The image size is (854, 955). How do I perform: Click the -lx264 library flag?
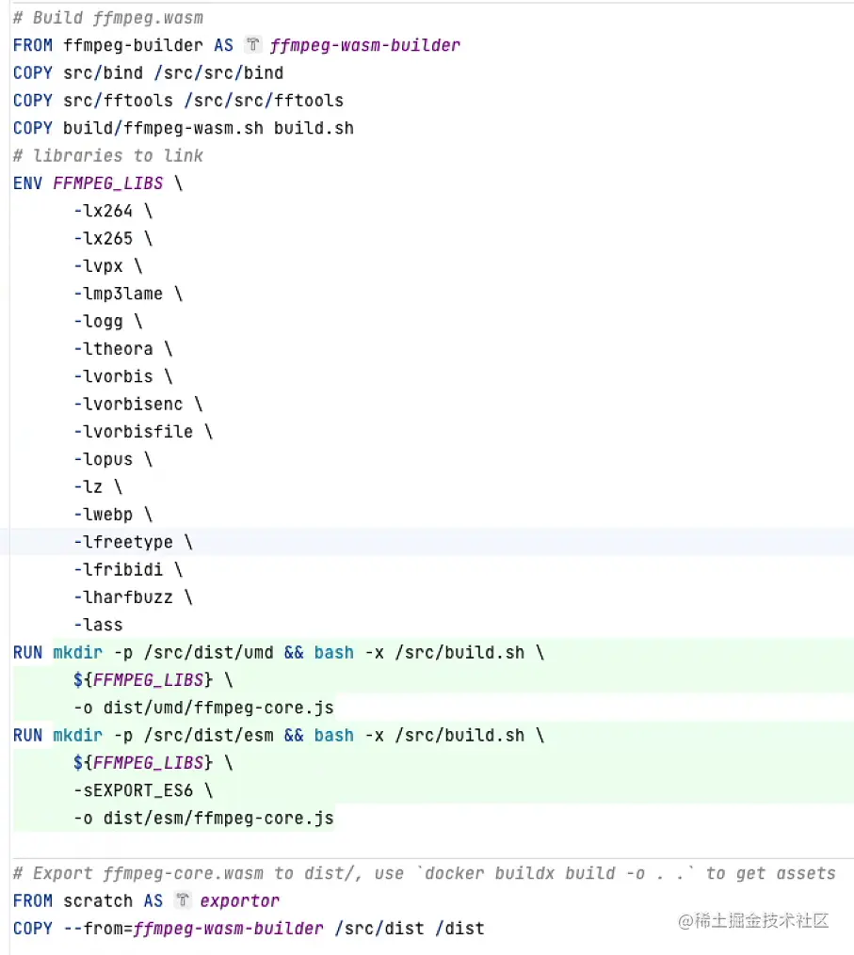coord(103,211)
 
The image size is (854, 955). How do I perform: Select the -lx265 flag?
coord(103,239)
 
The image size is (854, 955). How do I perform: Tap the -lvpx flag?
coord(98,266)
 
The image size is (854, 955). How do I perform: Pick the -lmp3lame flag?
coord(118,294)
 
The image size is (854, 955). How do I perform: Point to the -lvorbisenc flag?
coord(128,405)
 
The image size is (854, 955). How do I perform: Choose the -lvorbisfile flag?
coord(133,432)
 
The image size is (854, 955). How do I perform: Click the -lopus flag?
coord(103,459)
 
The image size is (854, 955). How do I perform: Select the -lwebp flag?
coord(103,515)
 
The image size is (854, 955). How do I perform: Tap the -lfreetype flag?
coord(122,542)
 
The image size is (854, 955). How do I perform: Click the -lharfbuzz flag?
coord(122,597)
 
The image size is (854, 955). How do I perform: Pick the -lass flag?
coord(98,625)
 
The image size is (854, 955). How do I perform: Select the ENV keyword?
coord(27,183)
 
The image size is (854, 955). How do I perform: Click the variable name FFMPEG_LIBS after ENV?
coord(108,183)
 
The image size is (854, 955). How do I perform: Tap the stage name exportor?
coord(240,901)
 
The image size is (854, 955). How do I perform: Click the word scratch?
coord(98,901)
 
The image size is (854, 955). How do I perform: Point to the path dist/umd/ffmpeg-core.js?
coord(214,708)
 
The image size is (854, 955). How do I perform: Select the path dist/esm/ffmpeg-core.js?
coord(214,819)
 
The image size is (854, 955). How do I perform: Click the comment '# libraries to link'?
coord(108,155)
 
